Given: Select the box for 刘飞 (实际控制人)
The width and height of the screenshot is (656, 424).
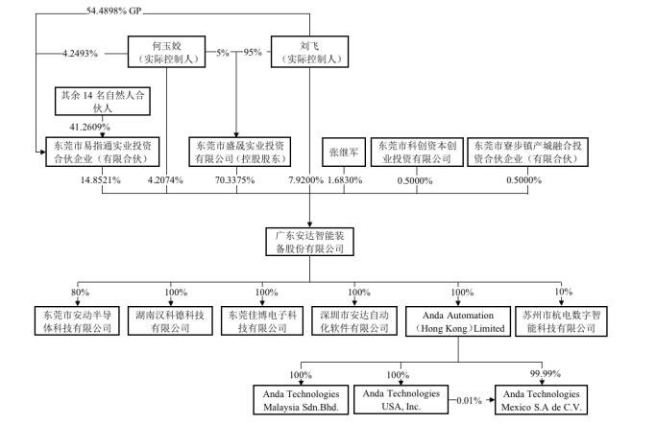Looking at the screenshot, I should pos(309,52).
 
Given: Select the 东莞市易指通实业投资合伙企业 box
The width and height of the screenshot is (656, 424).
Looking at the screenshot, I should pos(100,153).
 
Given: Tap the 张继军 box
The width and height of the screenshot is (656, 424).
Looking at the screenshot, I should pos(343,153).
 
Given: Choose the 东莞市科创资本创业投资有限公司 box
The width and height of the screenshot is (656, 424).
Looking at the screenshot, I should pos(417,153).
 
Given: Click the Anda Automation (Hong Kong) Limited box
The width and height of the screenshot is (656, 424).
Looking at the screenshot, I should pos(455,320).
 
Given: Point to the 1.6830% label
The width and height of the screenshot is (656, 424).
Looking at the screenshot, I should pos(344,179).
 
